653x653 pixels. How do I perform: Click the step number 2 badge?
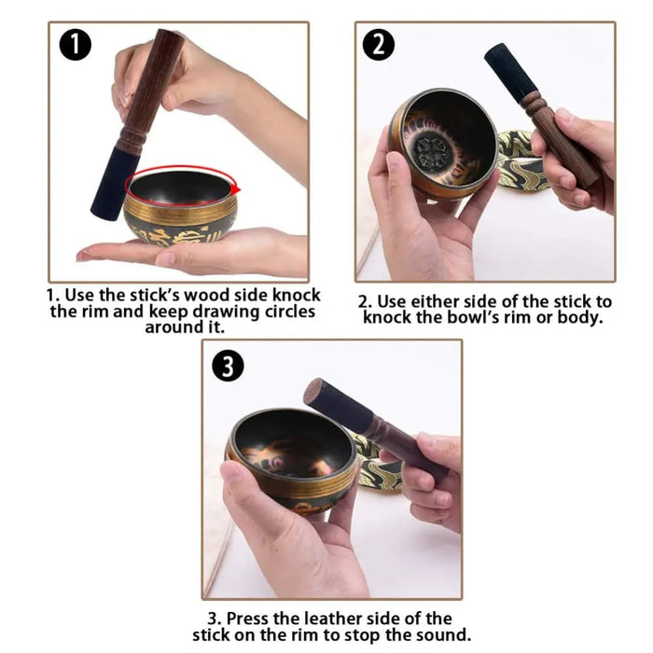click(x=378, y=45)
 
